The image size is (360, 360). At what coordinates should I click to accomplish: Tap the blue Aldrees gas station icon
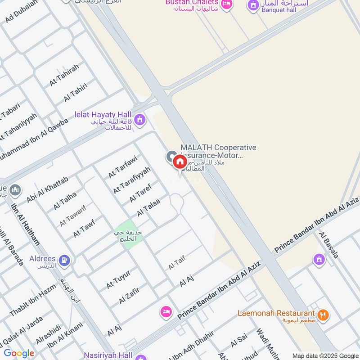point(65,260)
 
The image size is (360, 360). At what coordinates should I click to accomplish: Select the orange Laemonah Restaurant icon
point(322,315)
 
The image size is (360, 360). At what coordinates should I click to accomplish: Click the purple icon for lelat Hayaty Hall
point(140,120)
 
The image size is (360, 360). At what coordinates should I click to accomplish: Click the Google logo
point(19,353)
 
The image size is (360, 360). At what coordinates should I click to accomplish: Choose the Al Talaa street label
point(148,207)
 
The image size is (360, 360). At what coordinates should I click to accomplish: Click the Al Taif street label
point(177,262)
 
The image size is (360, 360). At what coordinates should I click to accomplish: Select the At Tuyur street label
point(118,279)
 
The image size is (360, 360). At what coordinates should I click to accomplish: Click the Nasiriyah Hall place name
point(108,355)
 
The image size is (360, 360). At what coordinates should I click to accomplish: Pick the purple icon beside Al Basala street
point(319,260)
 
